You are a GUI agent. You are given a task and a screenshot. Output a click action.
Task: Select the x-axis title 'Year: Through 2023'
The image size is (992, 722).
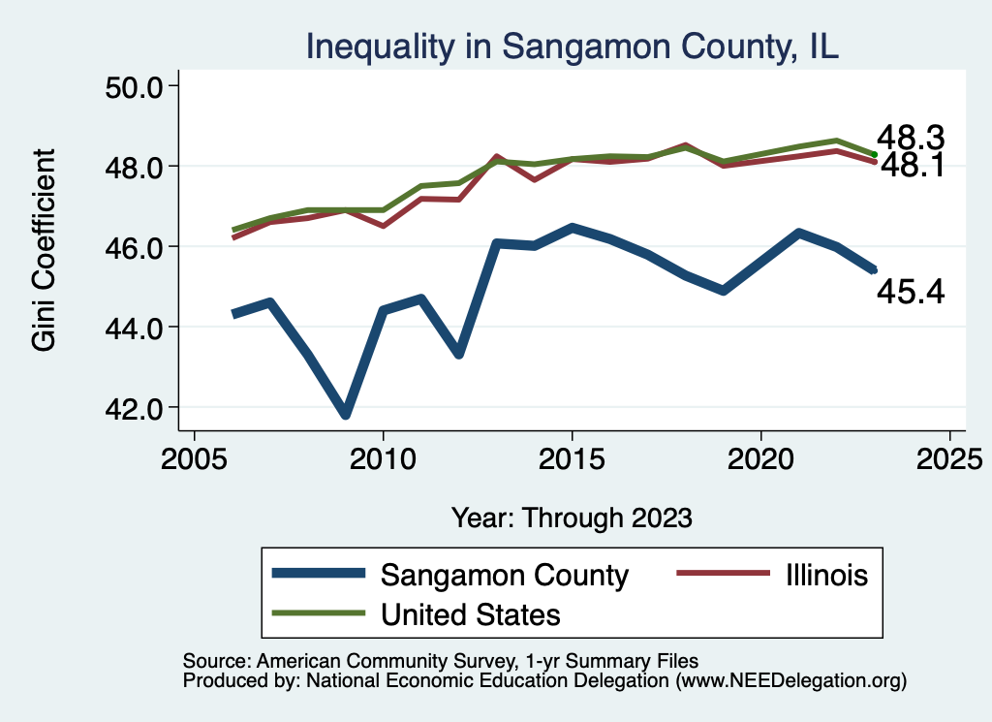pyautogui.click(x=572, y=518)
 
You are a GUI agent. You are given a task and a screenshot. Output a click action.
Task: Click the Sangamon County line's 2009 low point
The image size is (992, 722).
pyautogui.click(x=346, y=414)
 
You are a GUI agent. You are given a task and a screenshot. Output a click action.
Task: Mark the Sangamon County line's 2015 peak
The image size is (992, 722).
pyautogui.click(x=573, y=229)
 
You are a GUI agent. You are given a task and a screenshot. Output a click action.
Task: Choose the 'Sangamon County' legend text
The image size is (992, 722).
pyautogui.click(x=505, y=575)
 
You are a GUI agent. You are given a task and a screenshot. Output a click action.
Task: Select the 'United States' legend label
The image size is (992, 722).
pyautogui.click(x=471, y=613)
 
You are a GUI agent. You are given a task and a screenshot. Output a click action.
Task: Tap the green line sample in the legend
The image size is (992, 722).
pyautogui.click(x=320, y=613)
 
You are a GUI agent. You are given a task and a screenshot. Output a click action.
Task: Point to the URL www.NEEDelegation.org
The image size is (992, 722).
pyautogui.click(x=789, y=681)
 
